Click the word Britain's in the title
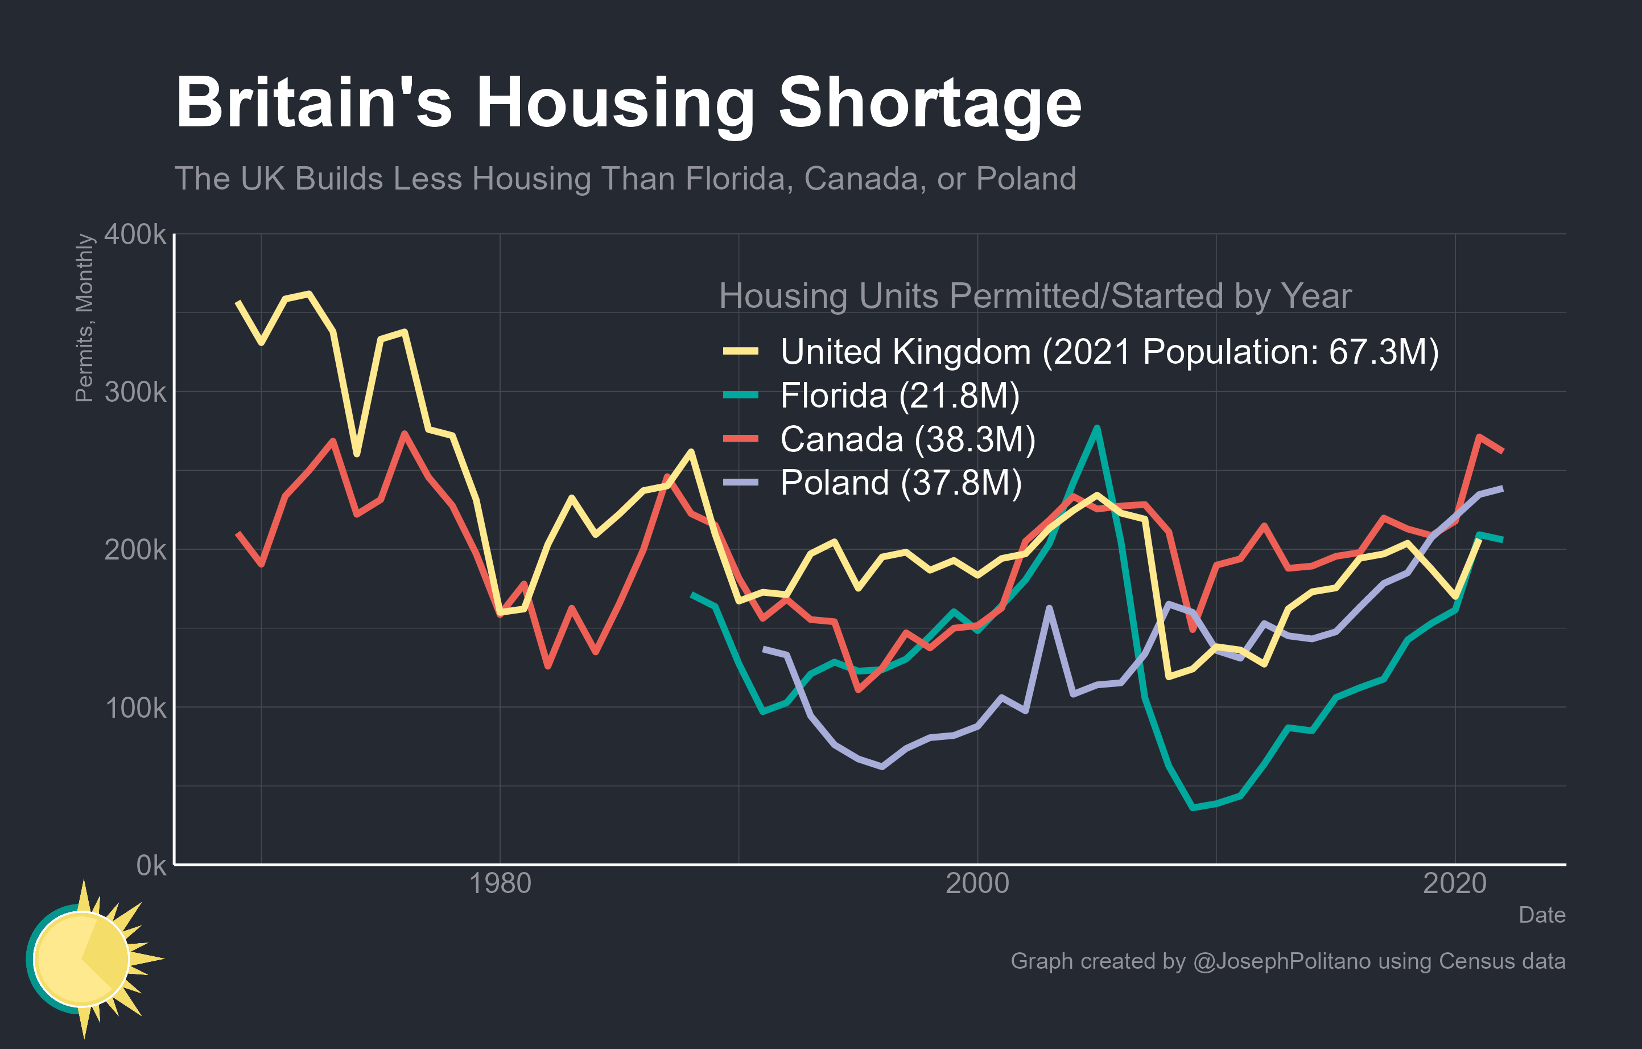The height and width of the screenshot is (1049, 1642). (313, 102)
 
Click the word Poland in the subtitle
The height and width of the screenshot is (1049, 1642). (1026, 179)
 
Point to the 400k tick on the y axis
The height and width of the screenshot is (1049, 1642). (135, 234)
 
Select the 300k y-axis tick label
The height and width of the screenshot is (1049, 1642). (135, 392)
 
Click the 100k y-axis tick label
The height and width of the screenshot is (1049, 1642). (135, 708)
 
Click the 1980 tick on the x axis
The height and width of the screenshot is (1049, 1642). (500, 884)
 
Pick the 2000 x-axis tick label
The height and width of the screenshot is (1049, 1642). (977, 884)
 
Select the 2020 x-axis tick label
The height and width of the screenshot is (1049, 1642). (1454, 884)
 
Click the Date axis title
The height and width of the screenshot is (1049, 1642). (1541, 915)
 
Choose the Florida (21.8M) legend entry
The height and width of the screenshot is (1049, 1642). (900, 396)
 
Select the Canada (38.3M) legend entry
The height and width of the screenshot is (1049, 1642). (907, 439)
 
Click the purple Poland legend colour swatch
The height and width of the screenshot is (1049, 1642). (741, 483)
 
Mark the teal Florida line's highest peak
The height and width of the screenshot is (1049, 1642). (1096, 427)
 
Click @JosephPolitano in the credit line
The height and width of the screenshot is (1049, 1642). (1281, 961)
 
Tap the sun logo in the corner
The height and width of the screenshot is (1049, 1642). (85, 959)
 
